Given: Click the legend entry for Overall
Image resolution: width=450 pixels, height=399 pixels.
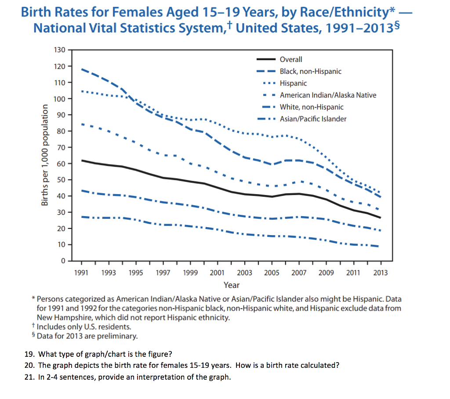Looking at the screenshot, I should point(291,59).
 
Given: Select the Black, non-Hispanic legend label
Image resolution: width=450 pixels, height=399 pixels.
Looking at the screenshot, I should point(310,71).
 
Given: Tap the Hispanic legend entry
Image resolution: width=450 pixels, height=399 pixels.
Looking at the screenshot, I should point(293,83).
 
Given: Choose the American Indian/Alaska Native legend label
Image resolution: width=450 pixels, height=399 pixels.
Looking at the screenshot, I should point(328,95).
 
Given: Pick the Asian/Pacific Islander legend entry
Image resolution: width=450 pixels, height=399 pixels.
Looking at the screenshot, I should point(313,119).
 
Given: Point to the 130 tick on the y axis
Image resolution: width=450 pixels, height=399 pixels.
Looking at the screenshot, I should point(59,50).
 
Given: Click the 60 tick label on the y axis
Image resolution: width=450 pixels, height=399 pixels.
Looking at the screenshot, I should point(61,163).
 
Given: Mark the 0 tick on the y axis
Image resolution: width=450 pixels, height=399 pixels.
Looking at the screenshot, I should point(63,261).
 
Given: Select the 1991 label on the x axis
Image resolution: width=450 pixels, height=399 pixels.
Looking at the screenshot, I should point(82,273).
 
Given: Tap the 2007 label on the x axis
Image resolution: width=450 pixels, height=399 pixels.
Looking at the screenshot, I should point(299,273).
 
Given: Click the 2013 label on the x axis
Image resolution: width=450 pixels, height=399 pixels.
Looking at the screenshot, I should point(380,273).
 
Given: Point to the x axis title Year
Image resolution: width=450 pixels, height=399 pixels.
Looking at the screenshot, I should point(232,285).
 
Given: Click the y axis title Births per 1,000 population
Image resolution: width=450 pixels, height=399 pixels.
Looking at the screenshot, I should point(44,155).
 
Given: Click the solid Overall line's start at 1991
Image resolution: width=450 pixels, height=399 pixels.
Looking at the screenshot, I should point(82,160).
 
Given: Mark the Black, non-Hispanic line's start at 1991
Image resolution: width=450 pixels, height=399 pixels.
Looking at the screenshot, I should point(82,69).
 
